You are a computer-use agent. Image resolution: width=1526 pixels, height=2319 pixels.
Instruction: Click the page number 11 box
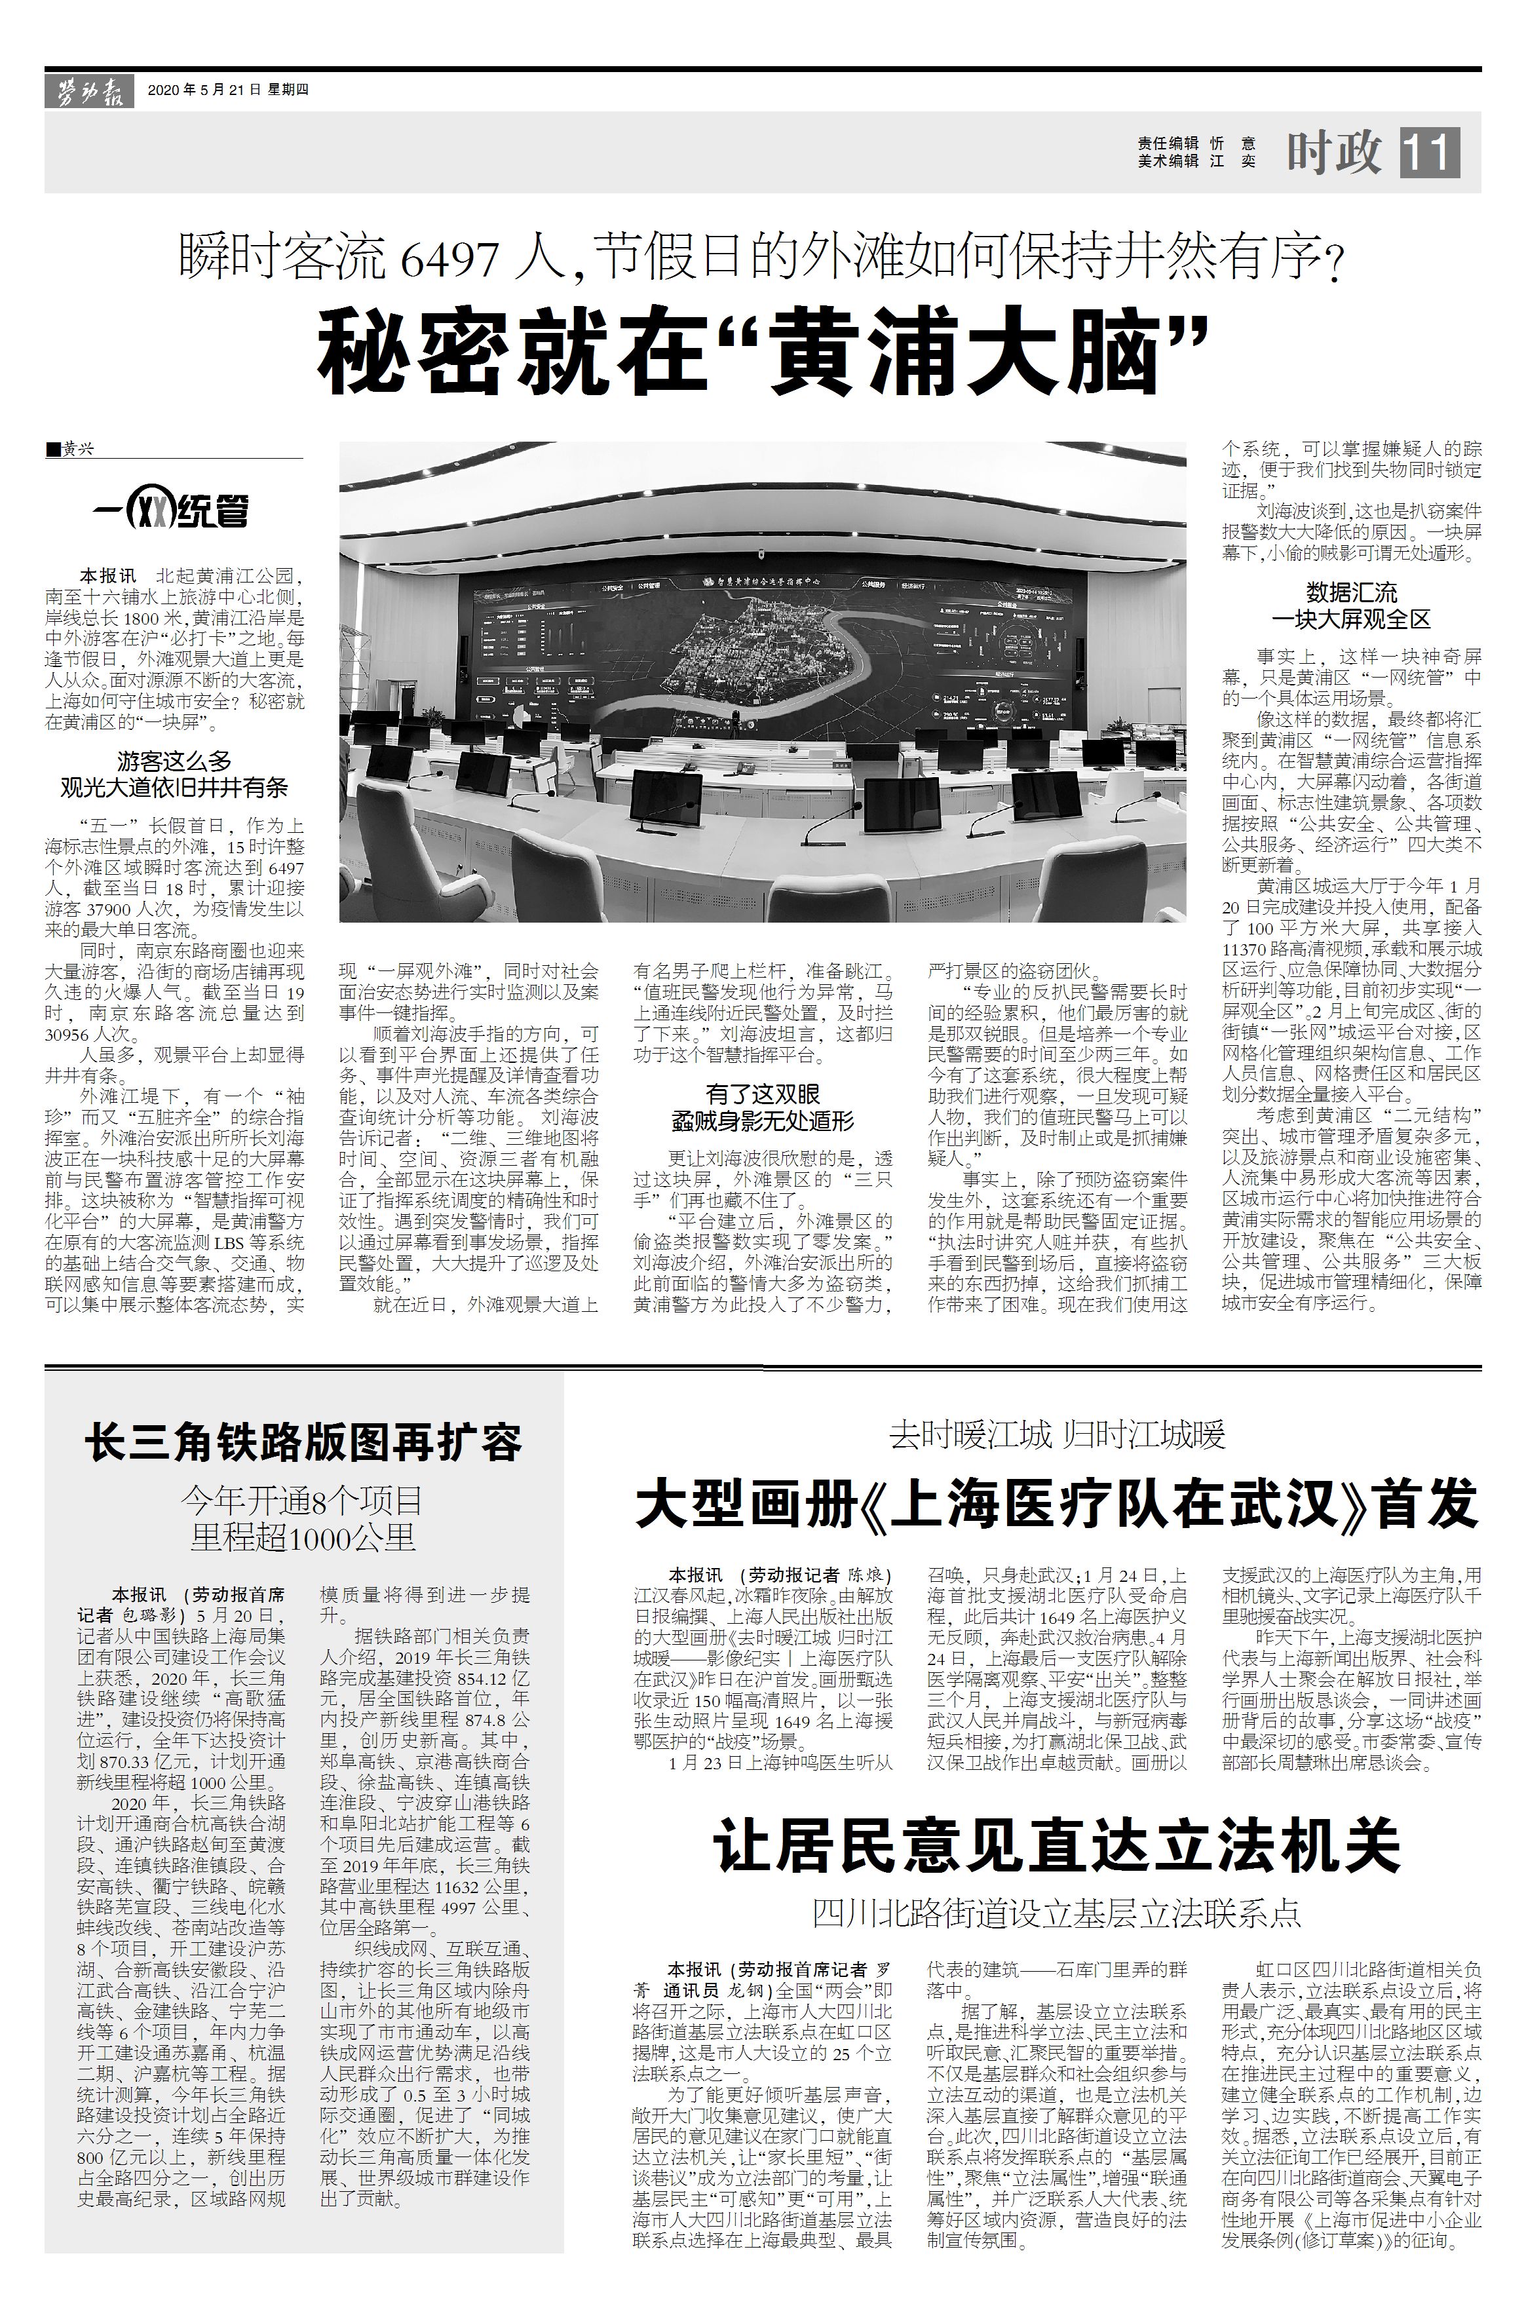coord(1430,153)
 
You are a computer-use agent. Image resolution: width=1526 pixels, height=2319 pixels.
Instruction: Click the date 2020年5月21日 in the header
coord(204,90)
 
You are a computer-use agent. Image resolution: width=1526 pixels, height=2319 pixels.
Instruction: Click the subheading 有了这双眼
coord(762,1093)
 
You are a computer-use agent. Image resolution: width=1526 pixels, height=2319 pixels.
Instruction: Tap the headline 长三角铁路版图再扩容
coord(304,1442)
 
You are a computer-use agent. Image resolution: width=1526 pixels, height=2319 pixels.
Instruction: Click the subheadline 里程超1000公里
coord(304,1537)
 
